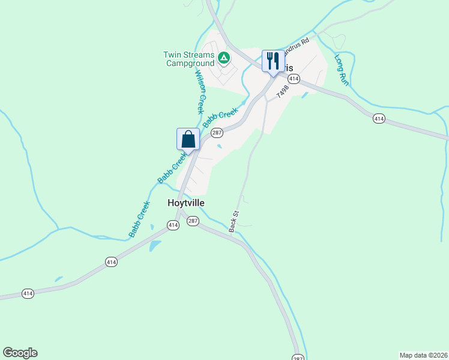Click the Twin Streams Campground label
(x=188, y=59)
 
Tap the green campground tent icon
(x=224, y=58)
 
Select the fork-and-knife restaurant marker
(x=273, y=61)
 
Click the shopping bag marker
(x=188, y=139)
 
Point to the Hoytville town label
(x=185, y=203)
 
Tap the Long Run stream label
(x=341, y=70)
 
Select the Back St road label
(x=234, y=221)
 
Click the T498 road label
(x=283, y=92)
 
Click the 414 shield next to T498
(x=294, y=79)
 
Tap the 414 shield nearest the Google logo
(x=28, y=293)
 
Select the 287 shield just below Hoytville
(x=193, y=221)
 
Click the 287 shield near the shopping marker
(x=217, y=133)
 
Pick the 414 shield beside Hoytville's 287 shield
(x=173, y=225)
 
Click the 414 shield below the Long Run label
(x=378, y=119)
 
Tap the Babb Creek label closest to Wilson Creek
(x=220, y=116)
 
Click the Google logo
(x=20, y=353)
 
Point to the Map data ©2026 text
(x=423, y=355)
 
